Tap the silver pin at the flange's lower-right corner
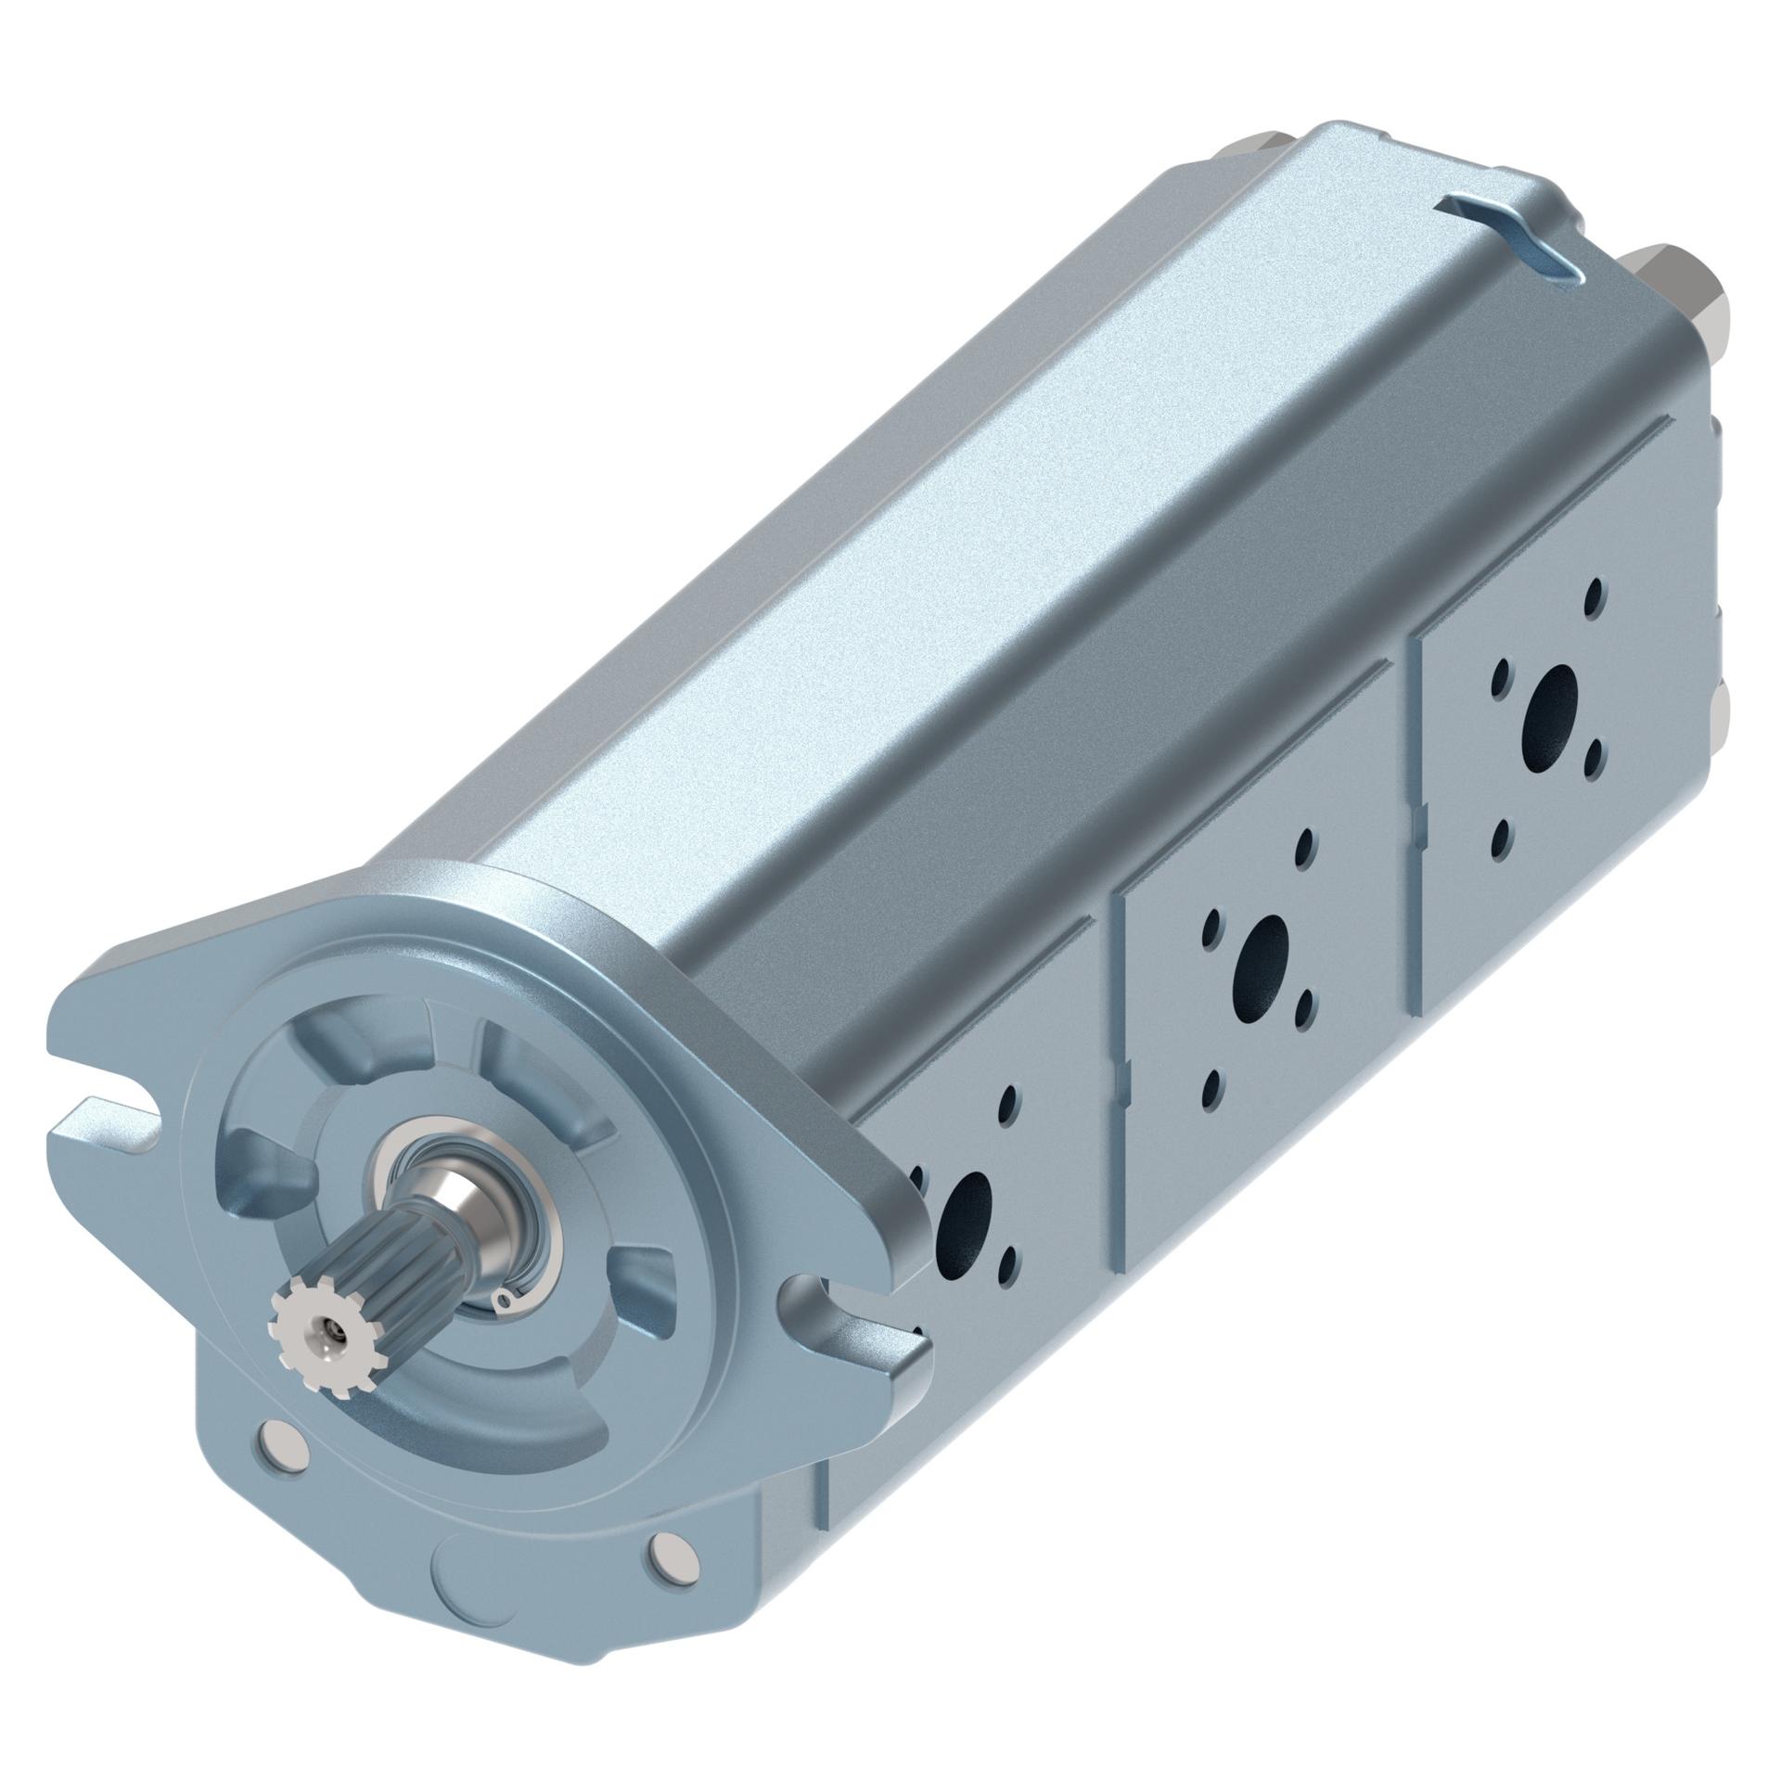click(670, 1549)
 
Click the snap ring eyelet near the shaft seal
click(504, 1300)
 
